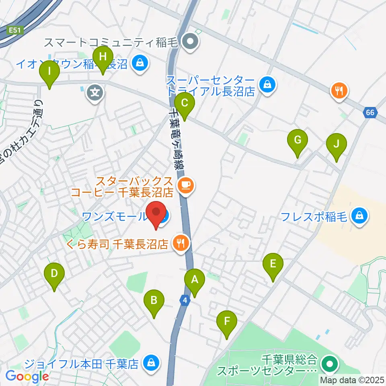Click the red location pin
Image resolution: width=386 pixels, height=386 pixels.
[156, 214]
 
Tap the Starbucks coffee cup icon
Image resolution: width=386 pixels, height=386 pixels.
[185, 185]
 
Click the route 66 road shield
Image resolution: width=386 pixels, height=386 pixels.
[370, 113]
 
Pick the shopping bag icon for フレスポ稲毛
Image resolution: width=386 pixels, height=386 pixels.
[357, 216]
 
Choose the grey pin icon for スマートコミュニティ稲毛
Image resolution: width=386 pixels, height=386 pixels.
[188, 41]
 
